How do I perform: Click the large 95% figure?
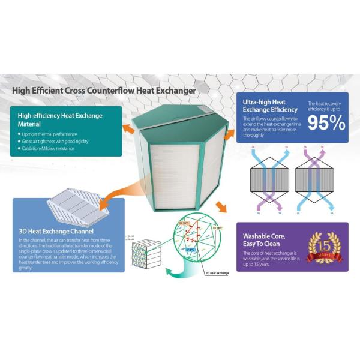(x=326, y=123)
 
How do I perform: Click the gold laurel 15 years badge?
(x=323, y=247)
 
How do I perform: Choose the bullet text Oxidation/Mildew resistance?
(x=48, y=148)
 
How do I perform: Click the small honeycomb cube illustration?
(x=145, y=252)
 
